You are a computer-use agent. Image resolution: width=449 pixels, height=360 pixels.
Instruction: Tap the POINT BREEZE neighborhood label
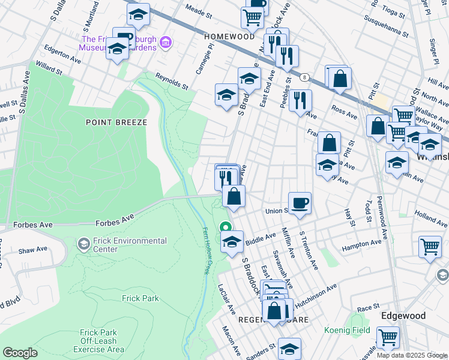[x=116, y=122]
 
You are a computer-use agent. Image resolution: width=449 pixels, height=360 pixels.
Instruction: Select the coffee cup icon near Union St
[x=300, y=202]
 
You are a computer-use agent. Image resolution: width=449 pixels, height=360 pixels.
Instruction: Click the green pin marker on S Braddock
[x=226, y=227]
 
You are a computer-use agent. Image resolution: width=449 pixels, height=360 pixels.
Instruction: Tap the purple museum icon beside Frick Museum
[x=166, y=43]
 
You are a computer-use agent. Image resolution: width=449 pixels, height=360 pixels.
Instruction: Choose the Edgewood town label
[x=403, y=316]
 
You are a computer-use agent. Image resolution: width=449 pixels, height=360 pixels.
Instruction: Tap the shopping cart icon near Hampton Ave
[x=430, y=246]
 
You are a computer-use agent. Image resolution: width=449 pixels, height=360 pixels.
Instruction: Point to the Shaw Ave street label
[x=32, y=250]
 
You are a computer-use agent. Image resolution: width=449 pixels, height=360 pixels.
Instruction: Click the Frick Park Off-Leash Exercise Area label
[x=102, y=341]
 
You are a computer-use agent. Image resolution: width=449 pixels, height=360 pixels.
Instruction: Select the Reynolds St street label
[x=172, y=80]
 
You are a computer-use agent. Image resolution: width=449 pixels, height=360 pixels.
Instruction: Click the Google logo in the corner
[x=20, y=353]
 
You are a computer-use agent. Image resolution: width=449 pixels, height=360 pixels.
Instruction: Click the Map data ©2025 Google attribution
[x=412, y=355]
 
